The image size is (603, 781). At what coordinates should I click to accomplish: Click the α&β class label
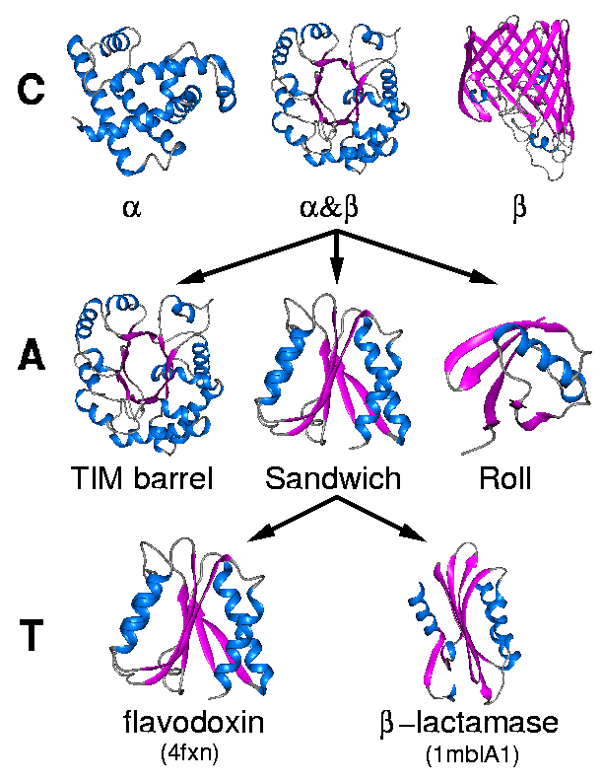pos(334,208)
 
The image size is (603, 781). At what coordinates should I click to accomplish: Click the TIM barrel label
pos(143,479)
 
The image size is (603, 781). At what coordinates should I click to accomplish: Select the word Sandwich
pos(333,479)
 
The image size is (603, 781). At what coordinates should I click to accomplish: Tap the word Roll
pos(504,479)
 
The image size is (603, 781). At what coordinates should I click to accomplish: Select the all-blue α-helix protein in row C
pos(148,99)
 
